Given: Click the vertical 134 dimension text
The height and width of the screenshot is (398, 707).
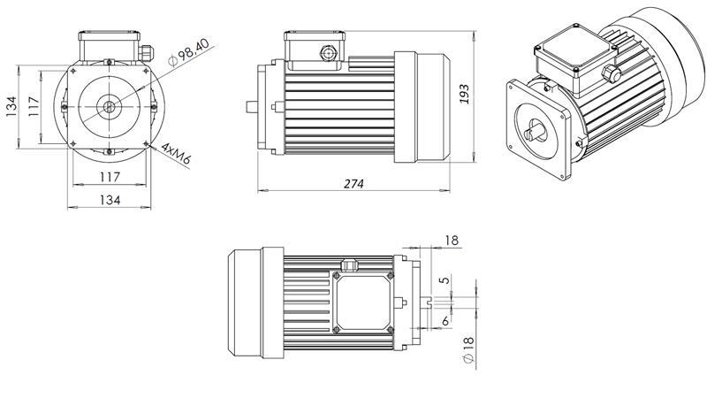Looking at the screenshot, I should click(x=11, y=105).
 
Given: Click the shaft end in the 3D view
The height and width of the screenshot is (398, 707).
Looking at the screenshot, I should click(x=536, y=134).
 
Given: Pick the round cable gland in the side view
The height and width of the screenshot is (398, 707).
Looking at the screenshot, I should click(x=331, y=53).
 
